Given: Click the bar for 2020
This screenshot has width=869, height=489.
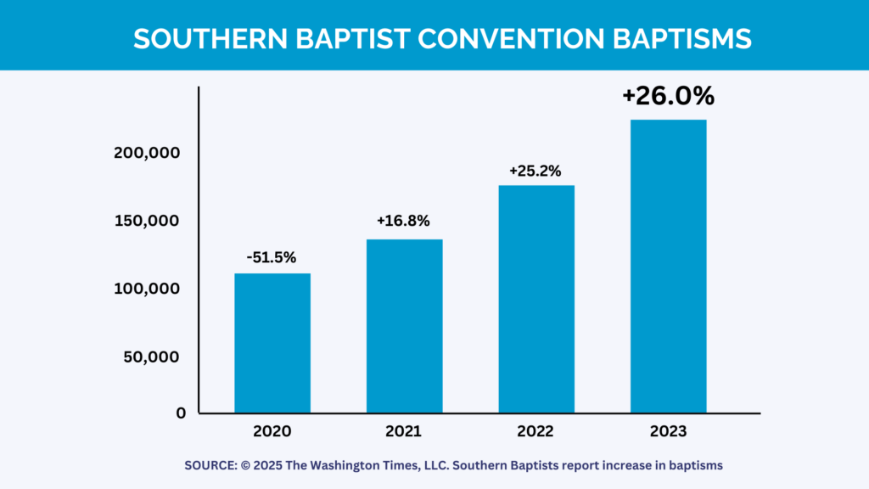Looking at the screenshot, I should pyautogui.click(x=272, y=343).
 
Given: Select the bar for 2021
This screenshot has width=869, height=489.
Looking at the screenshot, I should pyautogui.click(x=404, y=326).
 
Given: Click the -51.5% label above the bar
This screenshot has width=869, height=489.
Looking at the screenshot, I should pyautogui.click(x=272, y=257).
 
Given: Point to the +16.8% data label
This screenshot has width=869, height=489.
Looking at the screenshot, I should pyautogui.click(x=404, y=222).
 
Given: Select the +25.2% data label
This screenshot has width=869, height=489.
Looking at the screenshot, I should pyautogui.click(x=535, y=171).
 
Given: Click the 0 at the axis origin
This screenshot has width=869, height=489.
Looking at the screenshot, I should pyautogui.click(x=181, y=413).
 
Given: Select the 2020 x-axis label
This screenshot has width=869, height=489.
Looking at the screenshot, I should pyautogui.click(x=272, y=430).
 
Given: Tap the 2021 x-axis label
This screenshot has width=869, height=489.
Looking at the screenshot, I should pyautogui.click(x=404, y=430).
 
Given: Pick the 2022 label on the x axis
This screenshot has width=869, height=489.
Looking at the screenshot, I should pyautogui.click(x=536, y=430).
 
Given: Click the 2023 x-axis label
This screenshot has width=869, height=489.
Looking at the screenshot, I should pyautogui.click(x=668, y=430).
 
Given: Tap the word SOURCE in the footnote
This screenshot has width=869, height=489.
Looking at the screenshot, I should pyautogui.click(x=210, y=465).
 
